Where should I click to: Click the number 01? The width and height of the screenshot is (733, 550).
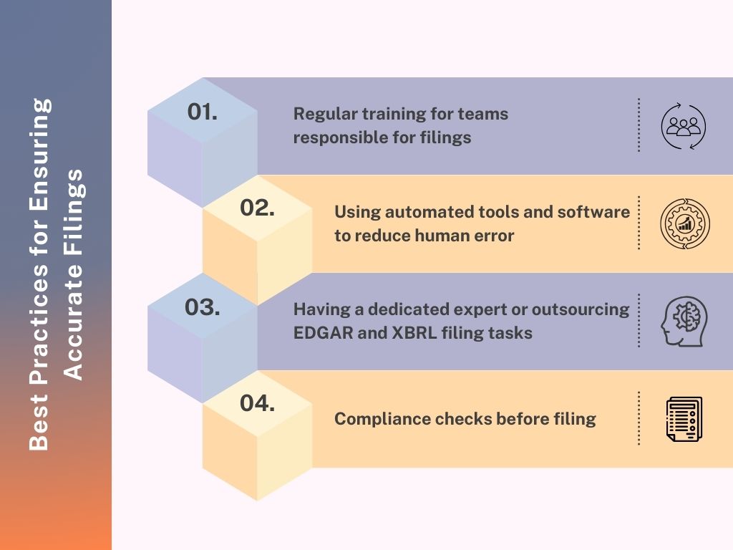pyautogui.click(x=203, y=112)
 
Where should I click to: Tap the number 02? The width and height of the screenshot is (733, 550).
pyautogui.click(x=257, y=208)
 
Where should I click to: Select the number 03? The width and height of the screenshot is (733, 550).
pyautogui.click(x=203, y=307)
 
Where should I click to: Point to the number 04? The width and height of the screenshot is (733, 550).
pyautogui.click(x=257, y=403)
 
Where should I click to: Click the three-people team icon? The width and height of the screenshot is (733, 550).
pyautogui.click(x=684, y=126)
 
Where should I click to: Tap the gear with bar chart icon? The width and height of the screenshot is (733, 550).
pyautogui.click(x=685, y=223)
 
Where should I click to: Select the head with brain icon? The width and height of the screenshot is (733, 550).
pyautogui.click(x=684, y=322)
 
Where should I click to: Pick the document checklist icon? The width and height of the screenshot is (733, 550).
pyautogui.click(x=684, y=419)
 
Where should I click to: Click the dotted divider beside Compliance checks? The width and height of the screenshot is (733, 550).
pyautogui.click(x=639, y=418)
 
